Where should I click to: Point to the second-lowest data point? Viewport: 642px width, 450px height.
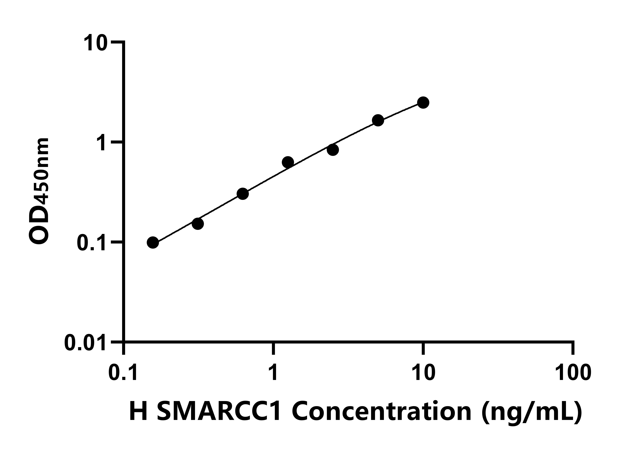click(198, 224)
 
